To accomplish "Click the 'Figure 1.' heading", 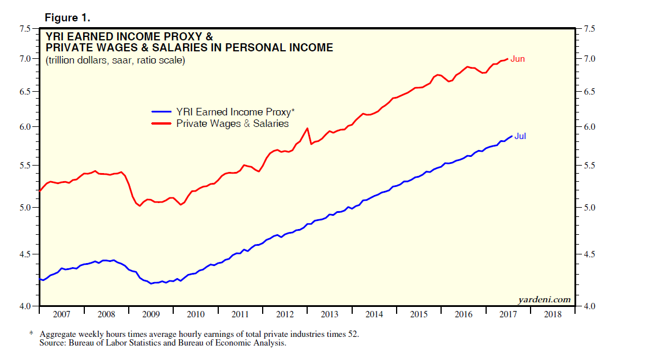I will pyautogui.click(x=68, y=17).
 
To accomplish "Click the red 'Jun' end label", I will pyautogui.click(x=517, y=59).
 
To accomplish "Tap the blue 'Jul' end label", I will pyautogui.click(x=520, y=136).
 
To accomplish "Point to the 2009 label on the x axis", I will pyautogui.click(x=151, y=314).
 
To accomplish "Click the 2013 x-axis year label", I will pyautogui.click(x=329, y=314).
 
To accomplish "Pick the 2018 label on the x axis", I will pyautogui.click(x=553, y=314).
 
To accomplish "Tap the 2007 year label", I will pyautogui.click(x=61, y=314).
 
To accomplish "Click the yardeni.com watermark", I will pyautogui.click(x=544, y=299).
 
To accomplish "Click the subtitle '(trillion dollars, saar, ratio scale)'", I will pyautogui.click(x=115, y=60).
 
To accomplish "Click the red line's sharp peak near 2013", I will pyautogui.click(x=307, y=128).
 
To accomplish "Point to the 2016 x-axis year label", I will pyautogui.click(x=463, y=314).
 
